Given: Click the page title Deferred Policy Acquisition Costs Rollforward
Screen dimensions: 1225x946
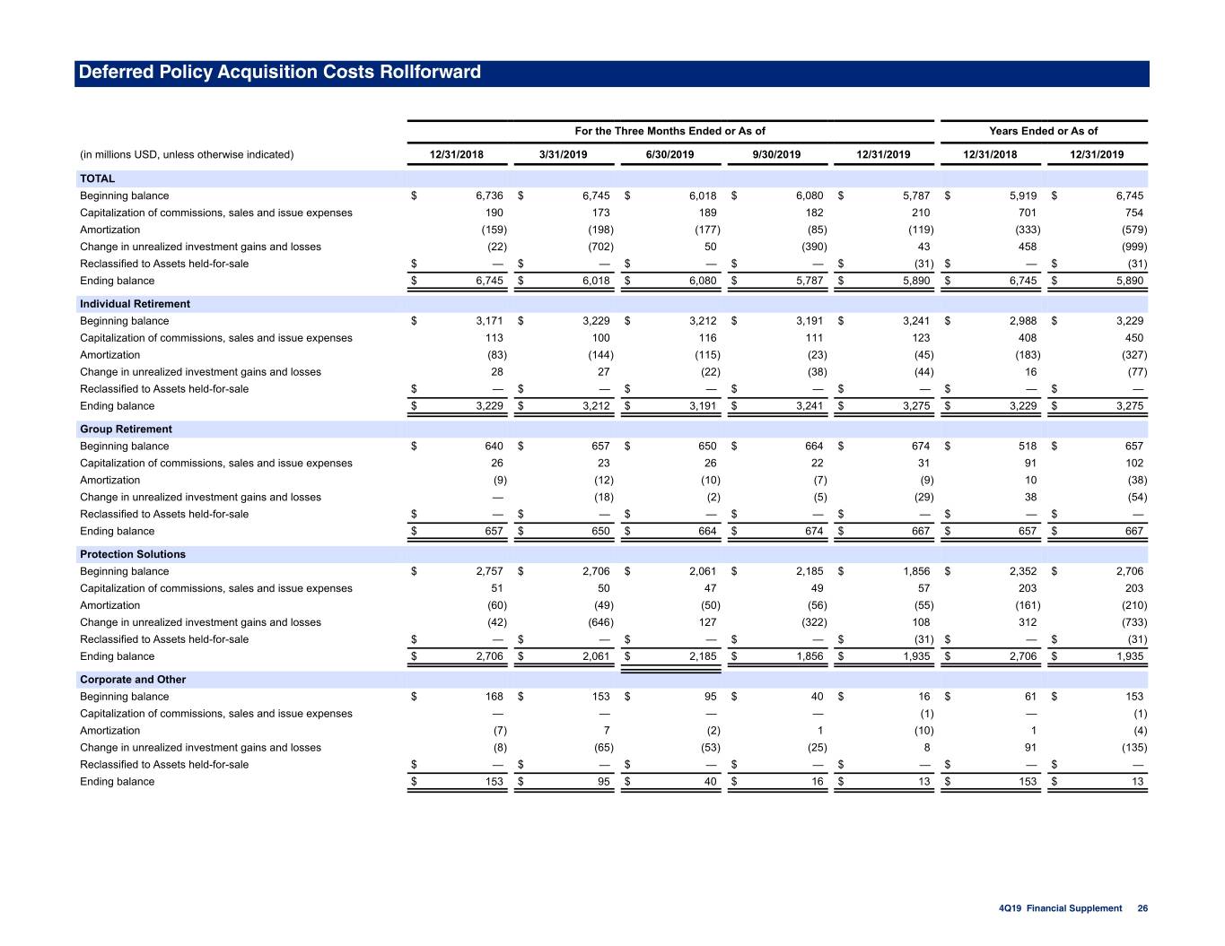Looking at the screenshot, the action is [x=280, y=72].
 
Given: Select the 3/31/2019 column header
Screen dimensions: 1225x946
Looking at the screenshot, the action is [x=563, y=154].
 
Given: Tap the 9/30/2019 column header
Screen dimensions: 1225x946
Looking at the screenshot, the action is [x=776, y=154].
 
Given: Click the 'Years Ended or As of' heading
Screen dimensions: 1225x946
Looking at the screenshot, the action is [x=1043, y=131].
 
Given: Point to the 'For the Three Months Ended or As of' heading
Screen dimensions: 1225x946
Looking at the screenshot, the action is [x=669, y=131].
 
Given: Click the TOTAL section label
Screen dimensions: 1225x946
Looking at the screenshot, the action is [x=97, y=178].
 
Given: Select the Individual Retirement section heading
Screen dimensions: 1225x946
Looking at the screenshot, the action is [x=135, y=303].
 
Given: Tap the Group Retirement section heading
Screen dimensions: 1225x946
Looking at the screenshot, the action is [x=126, y=429].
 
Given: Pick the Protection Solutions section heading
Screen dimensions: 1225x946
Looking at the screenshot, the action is [x=133, y=554].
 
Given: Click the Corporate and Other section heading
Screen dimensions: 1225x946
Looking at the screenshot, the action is [x=133, y=679].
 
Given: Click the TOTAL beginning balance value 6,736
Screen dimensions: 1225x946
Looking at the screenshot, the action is [x=489, y=195].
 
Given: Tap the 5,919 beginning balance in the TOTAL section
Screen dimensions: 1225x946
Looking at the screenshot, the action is [x=1022, y=195].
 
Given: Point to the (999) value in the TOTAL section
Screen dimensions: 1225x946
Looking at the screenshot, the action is [x=1134, y=247].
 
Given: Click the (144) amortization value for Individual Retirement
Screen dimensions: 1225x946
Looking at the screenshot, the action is [x=600, y=355].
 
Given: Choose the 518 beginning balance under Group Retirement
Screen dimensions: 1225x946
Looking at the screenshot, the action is [x=1028, y=446].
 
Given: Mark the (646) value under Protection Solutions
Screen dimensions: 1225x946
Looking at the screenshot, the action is [x=600, y=622].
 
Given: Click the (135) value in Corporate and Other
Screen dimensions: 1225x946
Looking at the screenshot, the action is [x=1134, y=747].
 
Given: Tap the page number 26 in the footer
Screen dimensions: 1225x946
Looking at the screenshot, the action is [x=1142, y=908].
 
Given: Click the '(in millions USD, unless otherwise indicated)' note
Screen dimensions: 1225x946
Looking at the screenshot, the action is [x=187, y=154].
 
